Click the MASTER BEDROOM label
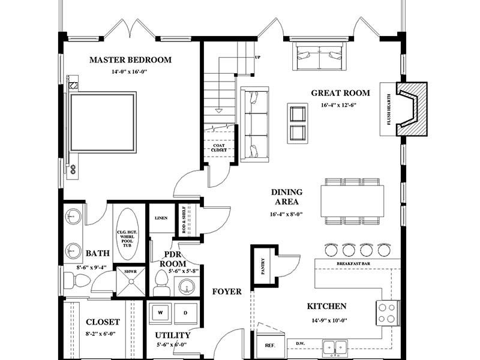[130, 60]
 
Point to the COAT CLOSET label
[218, 147]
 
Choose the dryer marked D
[186, 313]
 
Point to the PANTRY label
[263, 265]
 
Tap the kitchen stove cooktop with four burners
[388, 312]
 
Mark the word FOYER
[227, 292]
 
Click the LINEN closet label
[160, 218]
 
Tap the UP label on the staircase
[257, 58]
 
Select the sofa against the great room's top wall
[320, 55]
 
